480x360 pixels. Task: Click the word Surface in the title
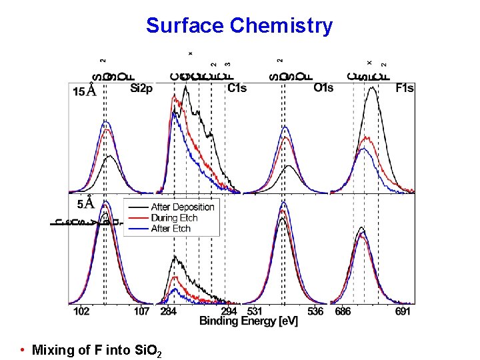pyautogui.click(x=185, y=25)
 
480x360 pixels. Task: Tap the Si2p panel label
pyautogui.click(x=142, y=87)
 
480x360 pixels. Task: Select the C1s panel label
pyautogui.click(x=237, y=87)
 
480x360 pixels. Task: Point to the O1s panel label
pyautogui.click(x=323, y=87)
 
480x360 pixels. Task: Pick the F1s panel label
pyautogui.click(x=404, y=87)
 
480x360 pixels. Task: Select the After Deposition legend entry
pyautogui.click(x=182, y=207)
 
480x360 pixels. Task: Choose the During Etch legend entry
pyautogui.click(x=175, y=217)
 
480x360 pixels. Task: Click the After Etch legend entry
pyautogui.click(x=171, y=228)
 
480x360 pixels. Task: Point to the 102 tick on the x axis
pyautogui.click(x=81, y=311)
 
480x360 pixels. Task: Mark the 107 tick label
pyautogui.click(x=141, y=311)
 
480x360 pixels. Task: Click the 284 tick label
pyautogui.click(x=170, y=311)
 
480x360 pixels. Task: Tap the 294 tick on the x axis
pyautogui.click(x=229, y=311)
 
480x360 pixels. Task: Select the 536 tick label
pyautogui.click(x=315, y=311)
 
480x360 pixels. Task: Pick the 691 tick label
pyautogui.click(x=403, y=311)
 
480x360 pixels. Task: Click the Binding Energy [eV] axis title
pyautogui.click(x=248, y=321)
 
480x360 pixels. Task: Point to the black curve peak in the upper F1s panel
pyautogui.click(x=372, y=91)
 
